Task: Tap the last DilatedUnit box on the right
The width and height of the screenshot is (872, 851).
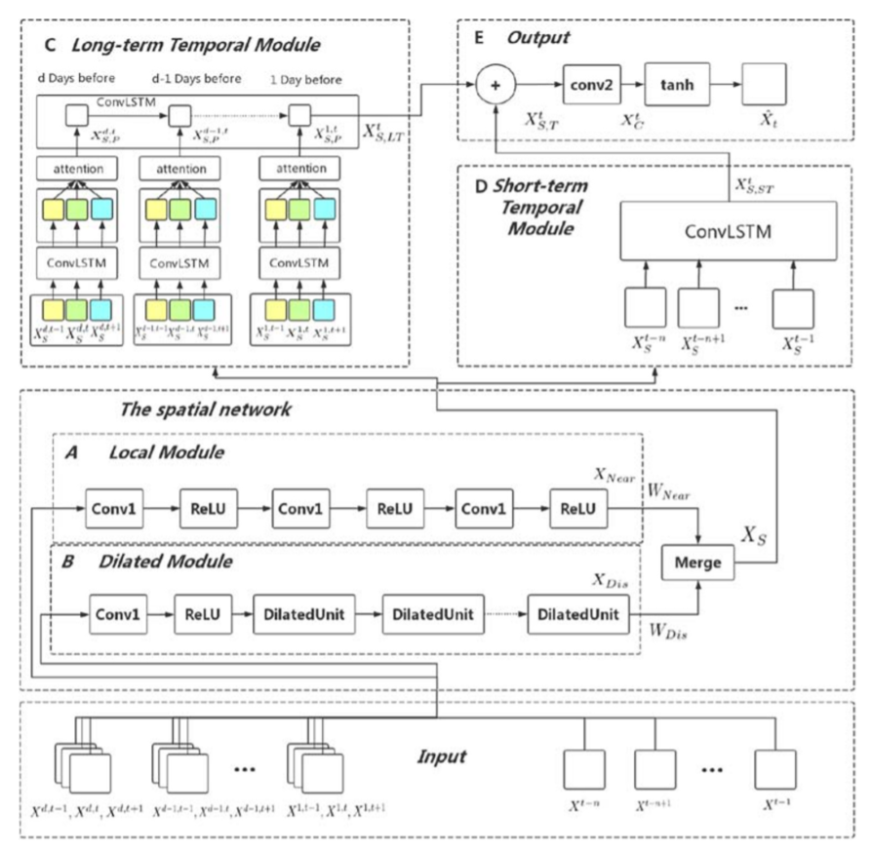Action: [578, 616]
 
